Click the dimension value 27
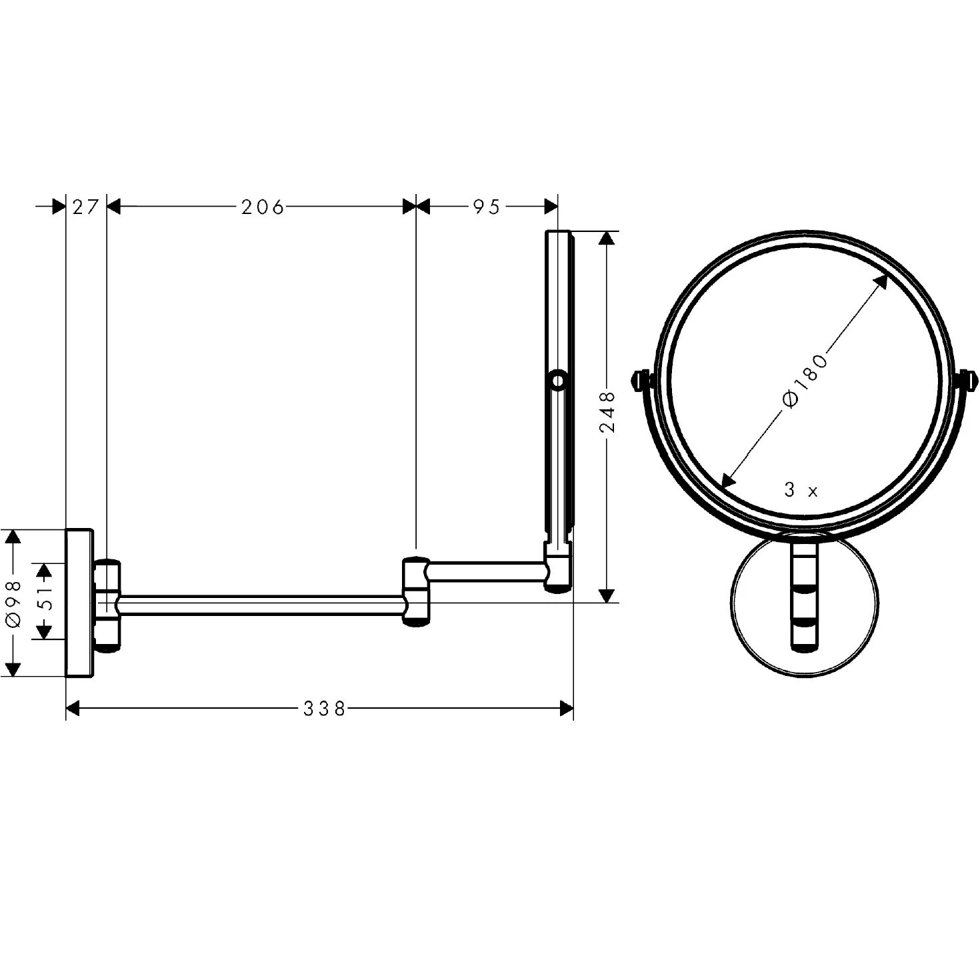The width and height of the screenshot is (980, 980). [x=85, y=207]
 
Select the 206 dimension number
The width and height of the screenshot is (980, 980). [x=262, y=207]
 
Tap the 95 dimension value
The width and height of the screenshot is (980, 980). [x=487, y=207]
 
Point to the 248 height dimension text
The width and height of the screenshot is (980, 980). [x=607, y=412]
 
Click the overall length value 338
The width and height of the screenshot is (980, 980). [x=325, y=709]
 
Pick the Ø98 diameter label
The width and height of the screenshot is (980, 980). [x=13, y=603]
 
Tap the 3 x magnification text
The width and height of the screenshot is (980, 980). [x=801, y=491]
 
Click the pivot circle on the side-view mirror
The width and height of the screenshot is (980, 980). [x=557, y=381]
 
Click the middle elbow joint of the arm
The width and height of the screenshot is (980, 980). [x=416, y=591]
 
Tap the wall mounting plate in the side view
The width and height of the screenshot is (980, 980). [x=79, y=603]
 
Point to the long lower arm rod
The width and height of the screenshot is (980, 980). [x=260, y=604]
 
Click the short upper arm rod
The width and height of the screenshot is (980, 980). [x=487, y=571]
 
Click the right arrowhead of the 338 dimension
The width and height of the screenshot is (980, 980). [x=566, y=709]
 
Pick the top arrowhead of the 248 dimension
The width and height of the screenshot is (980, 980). [x=607, y=238]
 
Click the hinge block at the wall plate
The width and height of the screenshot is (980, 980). [x=107, y=604]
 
